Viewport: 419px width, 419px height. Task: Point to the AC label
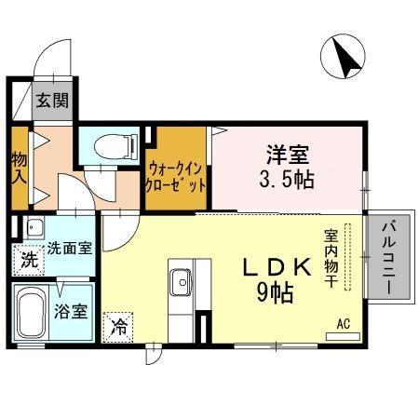coord(344,323)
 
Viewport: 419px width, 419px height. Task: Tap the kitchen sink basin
coord(180,278)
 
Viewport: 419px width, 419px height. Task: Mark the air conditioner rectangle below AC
coord(344,334)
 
